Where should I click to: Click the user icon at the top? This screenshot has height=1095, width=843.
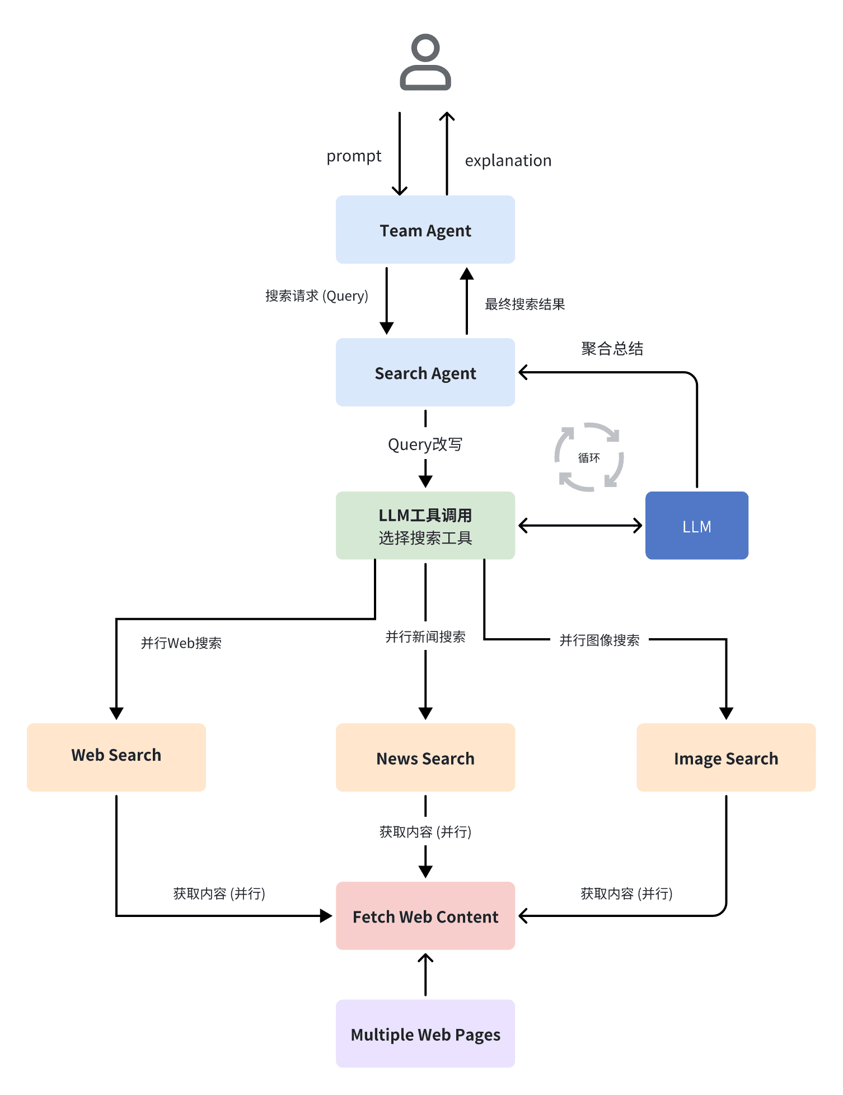coord(425,62)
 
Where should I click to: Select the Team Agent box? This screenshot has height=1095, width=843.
coord(425,230)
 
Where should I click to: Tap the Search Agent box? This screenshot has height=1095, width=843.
coord(425,372)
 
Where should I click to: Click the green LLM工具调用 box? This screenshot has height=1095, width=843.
coord(425,526)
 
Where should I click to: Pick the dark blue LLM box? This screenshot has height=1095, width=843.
coord(696,526)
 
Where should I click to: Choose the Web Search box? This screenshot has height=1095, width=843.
coord(116,757)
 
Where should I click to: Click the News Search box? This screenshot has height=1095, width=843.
coord(425,757)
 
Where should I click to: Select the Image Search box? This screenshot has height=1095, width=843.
coord(726,757)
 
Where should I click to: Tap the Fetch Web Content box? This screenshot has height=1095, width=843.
coord(425,916)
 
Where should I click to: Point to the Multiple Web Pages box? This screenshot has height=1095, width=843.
coord(425,1034)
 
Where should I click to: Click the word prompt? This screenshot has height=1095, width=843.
coord(354,156)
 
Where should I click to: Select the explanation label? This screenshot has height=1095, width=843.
coord(508,161)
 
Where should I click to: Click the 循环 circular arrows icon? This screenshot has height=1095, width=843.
coord(589,457)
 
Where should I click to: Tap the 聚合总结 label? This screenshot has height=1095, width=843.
coord(612,349)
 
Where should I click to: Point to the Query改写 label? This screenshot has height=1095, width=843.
coord(425,444)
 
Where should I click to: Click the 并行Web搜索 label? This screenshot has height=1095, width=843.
coord(181,643)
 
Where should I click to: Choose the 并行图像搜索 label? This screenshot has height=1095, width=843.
coord(600,640)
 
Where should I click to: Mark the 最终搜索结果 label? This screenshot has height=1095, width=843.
coord(524,304)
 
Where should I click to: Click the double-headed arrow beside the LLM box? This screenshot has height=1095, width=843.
coord(580,526)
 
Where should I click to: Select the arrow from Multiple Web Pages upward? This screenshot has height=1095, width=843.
coord(425,975)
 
